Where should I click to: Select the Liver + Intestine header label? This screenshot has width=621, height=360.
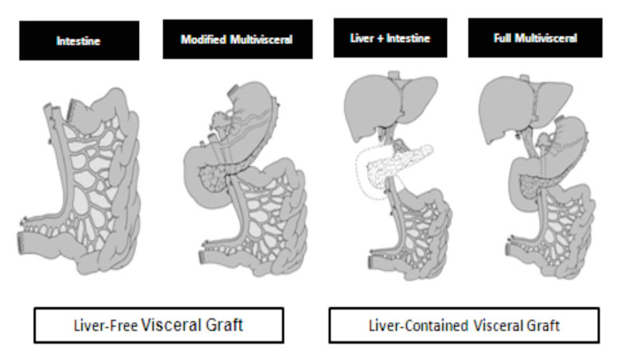click(382, 38)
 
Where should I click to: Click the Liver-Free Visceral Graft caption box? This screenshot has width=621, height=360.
click(158, 325)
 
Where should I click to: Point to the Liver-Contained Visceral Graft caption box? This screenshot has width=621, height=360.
click(463, 325)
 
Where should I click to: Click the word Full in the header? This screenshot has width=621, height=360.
click(501, 38)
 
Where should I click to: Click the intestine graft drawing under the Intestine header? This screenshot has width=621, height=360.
click(85, 186)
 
